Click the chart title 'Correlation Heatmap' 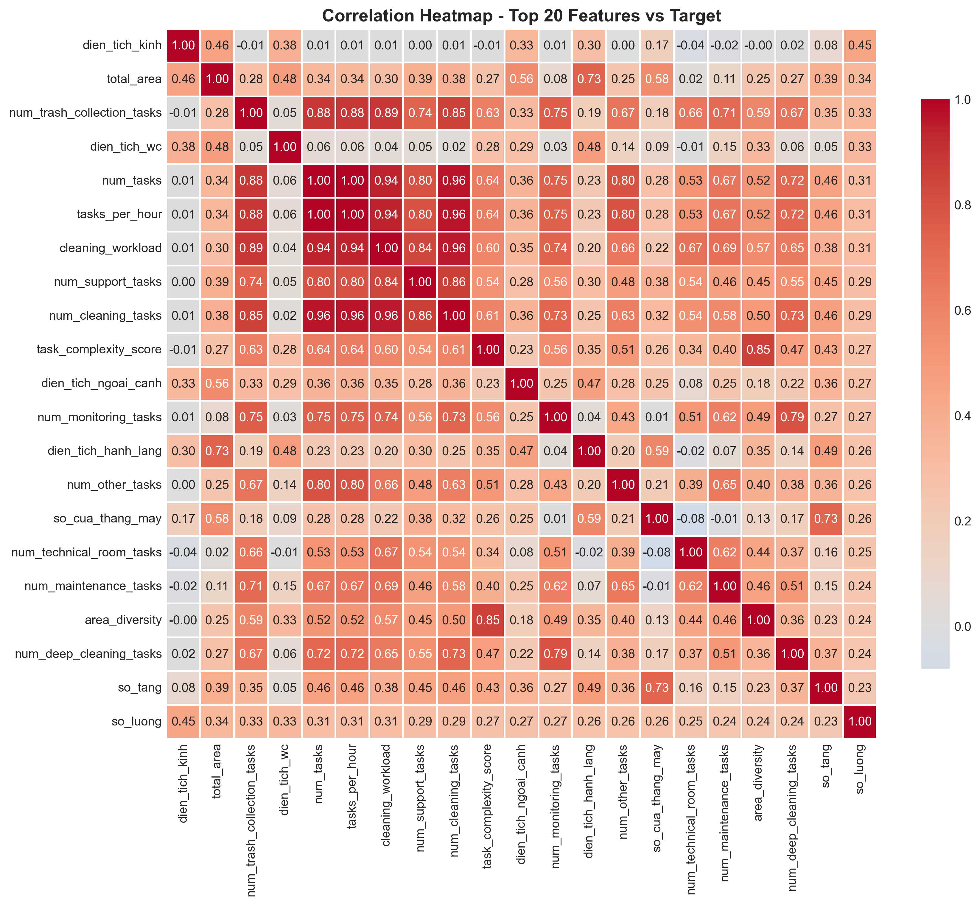coord(521,16)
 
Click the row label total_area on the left coord(134,79)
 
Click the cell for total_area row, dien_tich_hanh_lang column coord(589,79)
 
